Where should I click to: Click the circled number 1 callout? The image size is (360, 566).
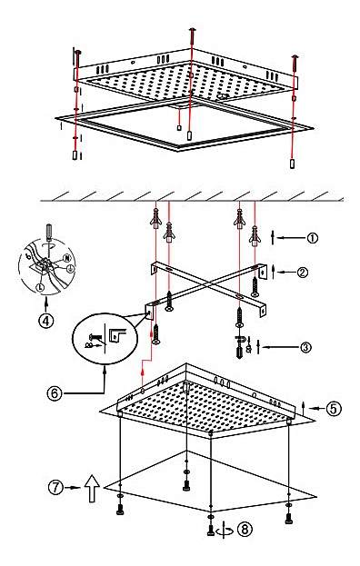[313, 238]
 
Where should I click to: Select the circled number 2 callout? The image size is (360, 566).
[303, 272]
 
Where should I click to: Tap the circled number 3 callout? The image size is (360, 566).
[305, 347]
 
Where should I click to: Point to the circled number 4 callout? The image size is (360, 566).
[45, 321]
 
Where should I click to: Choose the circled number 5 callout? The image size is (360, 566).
[334, 408]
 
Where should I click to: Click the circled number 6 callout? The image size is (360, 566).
[55, 392]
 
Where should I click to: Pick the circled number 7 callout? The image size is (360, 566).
[55, 487]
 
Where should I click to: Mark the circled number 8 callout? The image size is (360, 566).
[245, 529]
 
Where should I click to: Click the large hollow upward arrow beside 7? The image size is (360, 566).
[93, 489]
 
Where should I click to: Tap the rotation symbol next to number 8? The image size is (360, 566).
[225, 531]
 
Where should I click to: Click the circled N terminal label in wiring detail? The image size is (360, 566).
[66, 258]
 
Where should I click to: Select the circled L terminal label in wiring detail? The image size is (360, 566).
[40, 287]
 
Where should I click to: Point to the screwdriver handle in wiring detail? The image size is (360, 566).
[48, 231]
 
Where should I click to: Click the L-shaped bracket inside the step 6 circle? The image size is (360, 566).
[118, 334]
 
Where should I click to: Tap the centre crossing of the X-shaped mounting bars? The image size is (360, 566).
[207, 284]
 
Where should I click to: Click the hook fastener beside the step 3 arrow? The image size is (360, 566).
[240, 339]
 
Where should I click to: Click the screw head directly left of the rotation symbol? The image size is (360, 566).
[211, 531]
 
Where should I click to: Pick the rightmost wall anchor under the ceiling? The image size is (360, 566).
[255, 235]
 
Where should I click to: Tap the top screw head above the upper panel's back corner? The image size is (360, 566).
[192, 30]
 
